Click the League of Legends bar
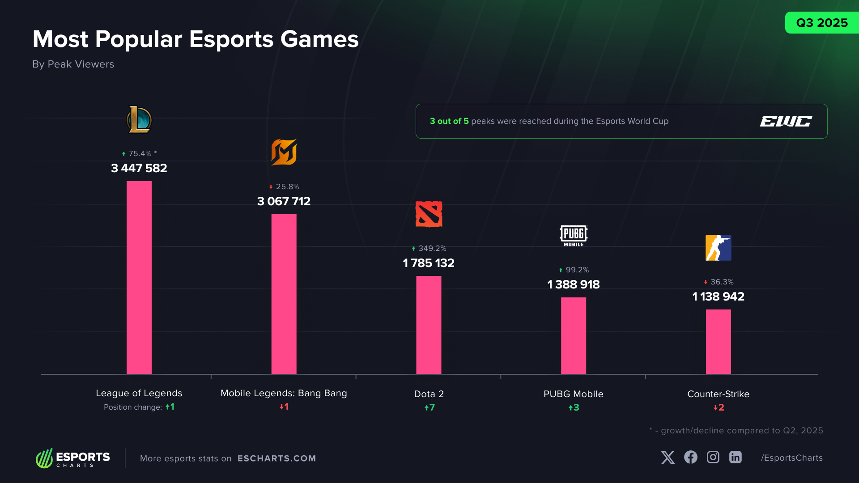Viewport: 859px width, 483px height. point(139,277)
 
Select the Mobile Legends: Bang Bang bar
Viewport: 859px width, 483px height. point(284,294)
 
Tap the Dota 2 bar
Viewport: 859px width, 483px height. point(429,325)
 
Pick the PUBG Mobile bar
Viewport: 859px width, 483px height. point(573,335)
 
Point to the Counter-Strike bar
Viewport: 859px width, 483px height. point(718,342)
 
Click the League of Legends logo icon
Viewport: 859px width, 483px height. point(139,119)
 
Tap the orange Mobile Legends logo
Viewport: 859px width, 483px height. point(284,152)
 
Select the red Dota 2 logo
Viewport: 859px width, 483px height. point(429,214)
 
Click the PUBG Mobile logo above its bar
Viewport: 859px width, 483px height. point(573,235)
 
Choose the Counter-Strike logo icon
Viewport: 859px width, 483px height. point(718,248)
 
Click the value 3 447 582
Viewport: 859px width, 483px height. point(139,168)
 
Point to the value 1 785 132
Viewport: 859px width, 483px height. point(429,263)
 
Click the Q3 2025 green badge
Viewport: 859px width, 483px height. point(822,23)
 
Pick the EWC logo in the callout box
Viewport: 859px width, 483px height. point(786,121)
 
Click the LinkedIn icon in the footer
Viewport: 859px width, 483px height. point(735,457)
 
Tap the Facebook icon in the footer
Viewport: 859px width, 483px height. point(690,457)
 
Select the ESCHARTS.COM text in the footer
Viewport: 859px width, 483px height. point(276,458)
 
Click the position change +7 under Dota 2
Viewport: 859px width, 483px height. point(429,407)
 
